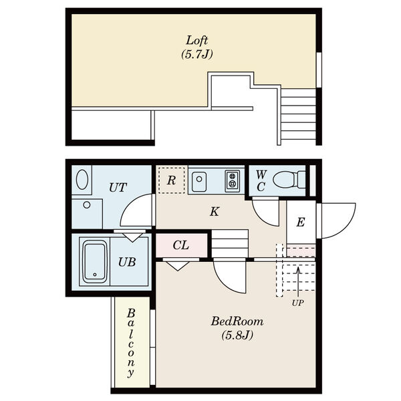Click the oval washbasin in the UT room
point(82,180)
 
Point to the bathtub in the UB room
point(94,261)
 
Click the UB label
point(127,262)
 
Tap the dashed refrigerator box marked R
point(171,180)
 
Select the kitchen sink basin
point(200,180)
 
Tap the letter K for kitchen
point(214,212)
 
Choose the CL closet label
point(181,245)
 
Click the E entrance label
point(300,223)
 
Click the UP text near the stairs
point(297,302)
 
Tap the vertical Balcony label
point(131,342)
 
